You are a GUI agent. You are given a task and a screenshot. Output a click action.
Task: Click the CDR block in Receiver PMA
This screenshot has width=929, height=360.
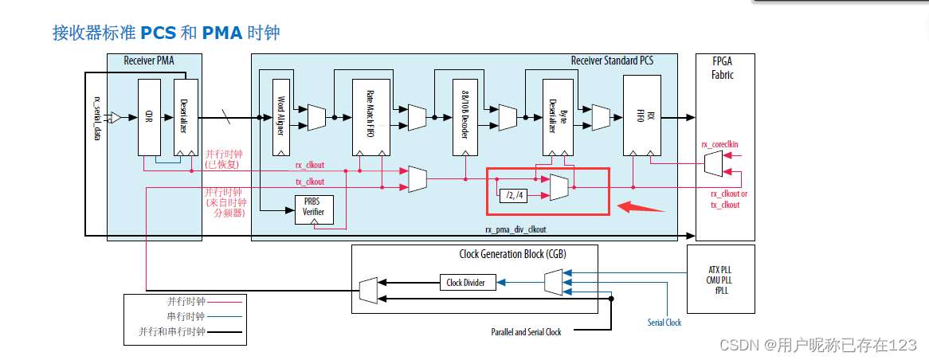click(x=149, y=117)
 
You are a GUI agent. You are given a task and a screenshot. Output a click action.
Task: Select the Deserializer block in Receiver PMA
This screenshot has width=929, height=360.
click(x=186, y=117)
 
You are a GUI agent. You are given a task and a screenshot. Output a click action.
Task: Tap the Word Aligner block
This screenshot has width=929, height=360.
click(x=280, y=117)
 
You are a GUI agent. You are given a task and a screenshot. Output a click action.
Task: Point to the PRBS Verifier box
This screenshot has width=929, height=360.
click(x=313, y=209)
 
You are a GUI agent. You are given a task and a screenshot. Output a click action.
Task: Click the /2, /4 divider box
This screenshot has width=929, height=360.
click(x=515, y=194)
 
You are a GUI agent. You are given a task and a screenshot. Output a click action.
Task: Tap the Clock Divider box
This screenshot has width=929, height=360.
click(x=467, y=282)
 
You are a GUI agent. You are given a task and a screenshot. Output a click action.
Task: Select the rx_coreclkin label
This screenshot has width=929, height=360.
click(x=719, y=144)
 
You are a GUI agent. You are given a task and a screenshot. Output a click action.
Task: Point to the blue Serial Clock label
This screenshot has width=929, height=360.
click(x=664, y=323)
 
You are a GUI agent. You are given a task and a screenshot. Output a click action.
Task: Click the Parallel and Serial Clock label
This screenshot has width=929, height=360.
click(x=526, y=332)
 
